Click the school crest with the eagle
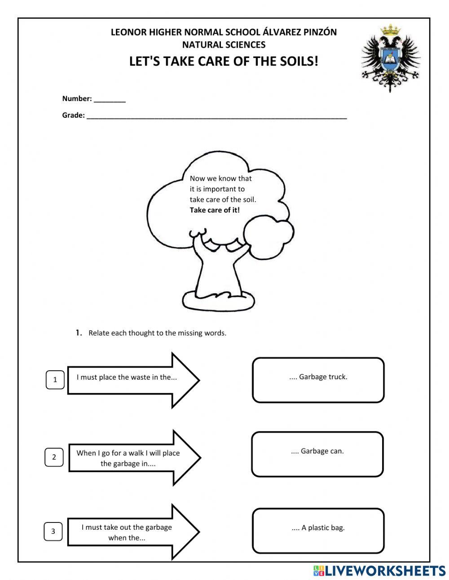(x=390, y=58)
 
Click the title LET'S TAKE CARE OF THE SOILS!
(x=224, y=61)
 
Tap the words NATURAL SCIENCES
(x=224, y=45)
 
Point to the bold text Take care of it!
(x=215, y=210)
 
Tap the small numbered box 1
(x=55, y=380)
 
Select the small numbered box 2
(x=54, y=457)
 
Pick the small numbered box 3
(x=53, y=531)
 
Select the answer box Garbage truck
(x=318, y=380)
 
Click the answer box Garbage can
(x=317, y=454)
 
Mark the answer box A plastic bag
(x=318, y=531)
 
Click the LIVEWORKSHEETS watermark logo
(x=379, y=571)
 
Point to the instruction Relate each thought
(x=157, y=333)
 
